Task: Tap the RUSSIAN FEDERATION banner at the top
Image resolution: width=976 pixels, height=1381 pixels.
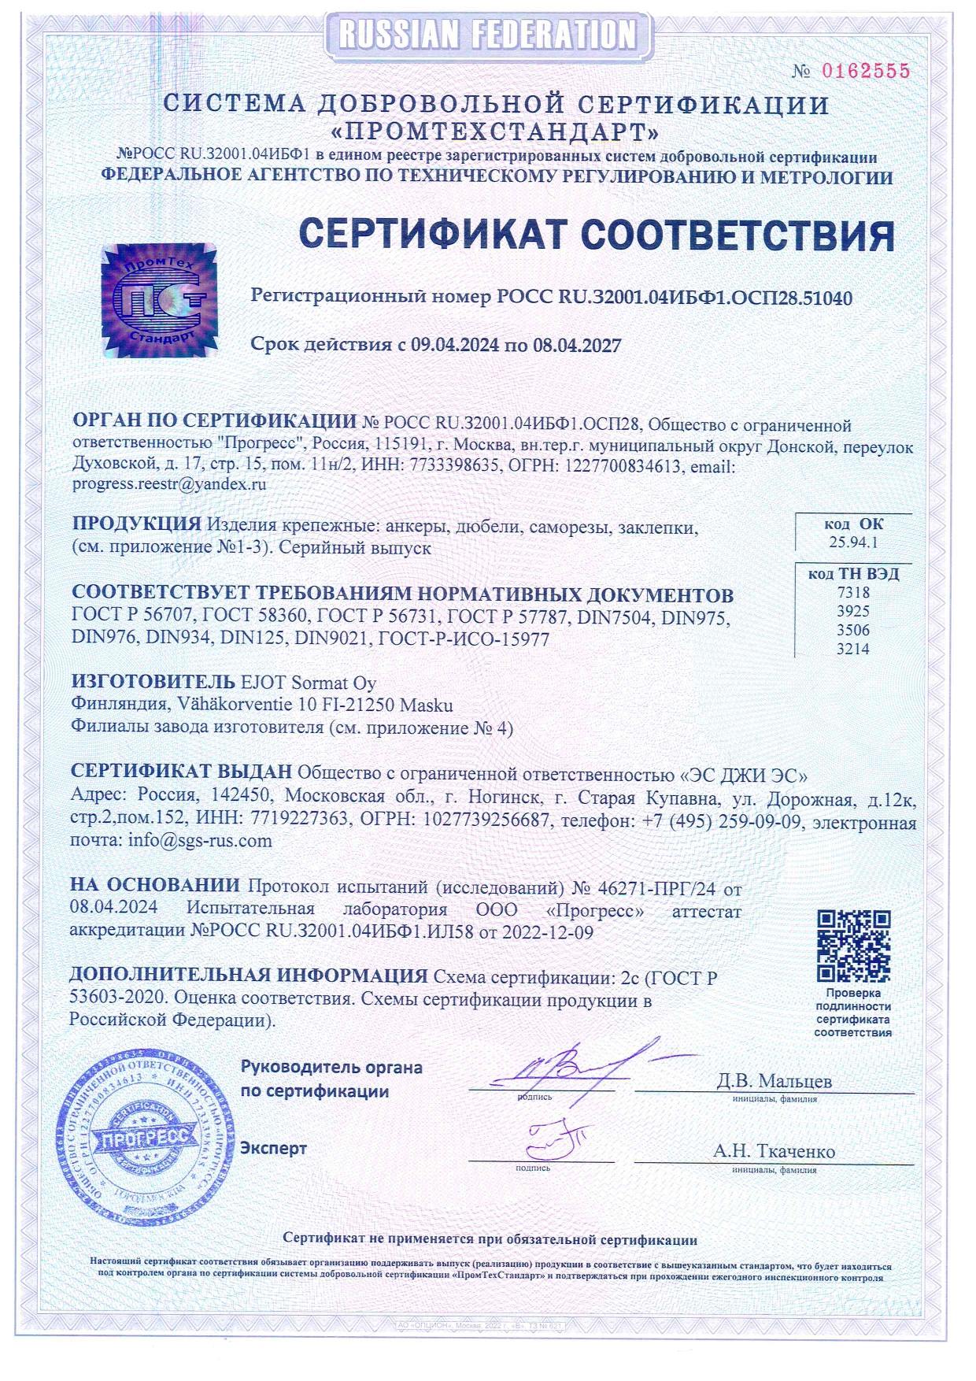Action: point(487,33)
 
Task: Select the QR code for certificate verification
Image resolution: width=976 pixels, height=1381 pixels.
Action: point(853,946)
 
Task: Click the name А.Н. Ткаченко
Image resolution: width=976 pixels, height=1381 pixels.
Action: point(774,1151)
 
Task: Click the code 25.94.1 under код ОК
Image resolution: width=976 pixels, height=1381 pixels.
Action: point(853,542)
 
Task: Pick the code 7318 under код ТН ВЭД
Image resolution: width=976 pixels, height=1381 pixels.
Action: point(854,593)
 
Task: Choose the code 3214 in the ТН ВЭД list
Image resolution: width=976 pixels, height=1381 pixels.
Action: point(854,650)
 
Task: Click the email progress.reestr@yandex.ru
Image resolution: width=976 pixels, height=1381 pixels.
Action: point(169,485)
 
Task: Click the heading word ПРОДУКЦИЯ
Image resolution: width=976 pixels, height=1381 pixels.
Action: point(136,525)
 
